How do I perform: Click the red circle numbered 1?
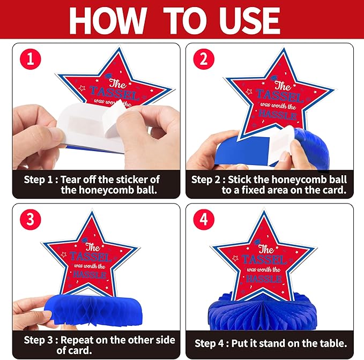point(31,59)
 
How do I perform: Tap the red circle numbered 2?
point(204,59)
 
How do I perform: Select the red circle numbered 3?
point(31,220)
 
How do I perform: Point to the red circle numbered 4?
point(204,220)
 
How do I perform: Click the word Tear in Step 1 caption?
point(71,179)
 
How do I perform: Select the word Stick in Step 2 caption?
point(239,179)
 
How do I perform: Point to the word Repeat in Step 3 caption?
point(77,340)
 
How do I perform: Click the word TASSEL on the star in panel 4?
point(264,260)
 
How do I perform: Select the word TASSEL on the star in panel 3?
point(91,257)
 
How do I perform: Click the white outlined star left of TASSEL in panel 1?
point(81,88)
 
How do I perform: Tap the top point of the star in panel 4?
point(264,211)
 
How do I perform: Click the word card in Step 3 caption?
point(81,350)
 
